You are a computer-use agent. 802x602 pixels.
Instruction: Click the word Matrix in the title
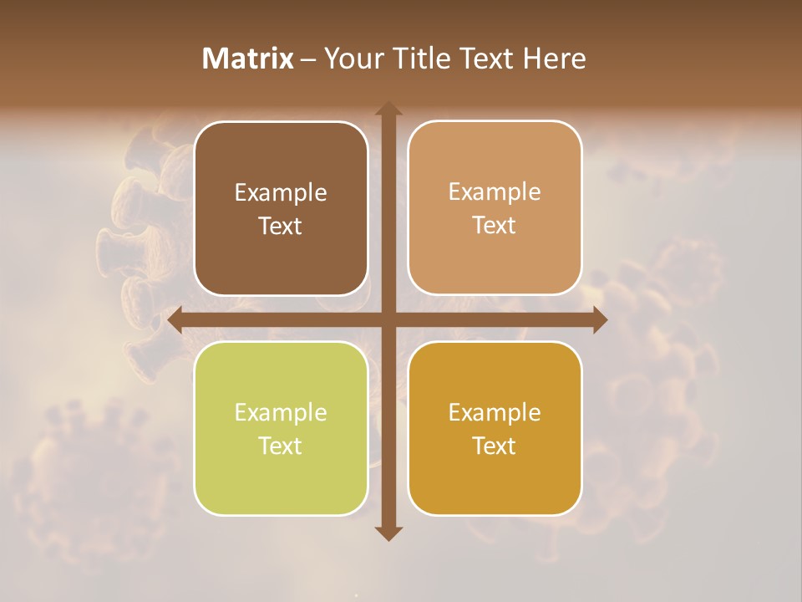pyautogui.click(x=248, y=59)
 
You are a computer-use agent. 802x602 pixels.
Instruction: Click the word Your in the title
pyautogui.click(x=351, y=59)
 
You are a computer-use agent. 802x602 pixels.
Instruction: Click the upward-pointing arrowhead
pyautogui.click(x=388, y=110)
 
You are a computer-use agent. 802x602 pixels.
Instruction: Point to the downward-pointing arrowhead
pyautogui.click(x=388, y=533)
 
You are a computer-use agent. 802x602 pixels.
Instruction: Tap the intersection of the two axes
pyautogui.click(x=388, y=320)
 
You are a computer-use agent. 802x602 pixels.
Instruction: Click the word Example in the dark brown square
pyautogui.click(x=281, y=193)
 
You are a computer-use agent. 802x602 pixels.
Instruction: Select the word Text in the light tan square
pyautogui.click(x=495, y=226)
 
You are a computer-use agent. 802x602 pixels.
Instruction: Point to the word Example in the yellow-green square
pyautogui.click(x=281, y=413)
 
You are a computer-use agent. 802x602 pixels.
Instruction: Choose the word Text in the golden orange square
pyautogui.click(x=495, y=446)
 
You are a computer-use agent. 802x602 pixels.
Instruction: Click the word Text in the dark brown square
pyautogui.click(x=281, y=227)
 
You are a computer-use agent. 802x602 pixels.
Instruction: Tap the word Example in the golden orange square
pyautogui.click(x=495, y=413)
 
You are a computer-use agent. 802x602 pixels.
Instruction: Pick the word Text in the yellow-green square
pyautogui.click(x=281, y=446)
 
